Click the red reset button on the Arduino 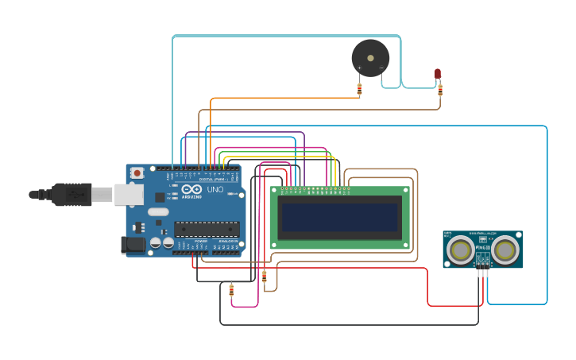pyautogui.click(x=137, y=172)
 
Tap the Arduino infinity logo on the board pyautogui.click(x=191, y=190)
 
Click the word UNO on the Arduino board pyautogui.click(x=215, y=190)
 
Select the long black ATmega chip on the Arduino pyautogui.click(x=207, y=229)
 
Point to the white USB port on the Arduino pyautogui.click(x=127, y=195)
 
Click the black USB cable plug pyautogui.click(x=72, y=195)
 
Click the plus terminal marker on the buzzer pyautogui.click(x=359, y=68)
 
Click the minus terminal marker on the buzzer pyautogui.click(x=381, y=68)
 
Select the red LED pyautogui.click(x=438, y=74)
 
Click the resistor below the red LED pyautogui.click(x=440, y=89)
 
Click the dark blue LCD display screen pyautogui.click(x=340, y=217)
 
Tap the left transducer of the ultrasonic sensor pyautogui.click(x=460, y=250)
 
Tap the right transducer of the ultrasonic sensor pyautogui.click(x=505, y=250)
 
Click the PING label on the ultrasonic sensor pyautogui.click(x=482, y=248)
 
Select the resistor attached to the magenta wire pyautogui.click(x=231, y=291)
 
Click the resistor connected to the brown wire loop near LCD pyautogui.click(x=265, y=277)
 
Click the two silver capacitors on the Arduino pyautogui.click(x=162, y=242)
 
